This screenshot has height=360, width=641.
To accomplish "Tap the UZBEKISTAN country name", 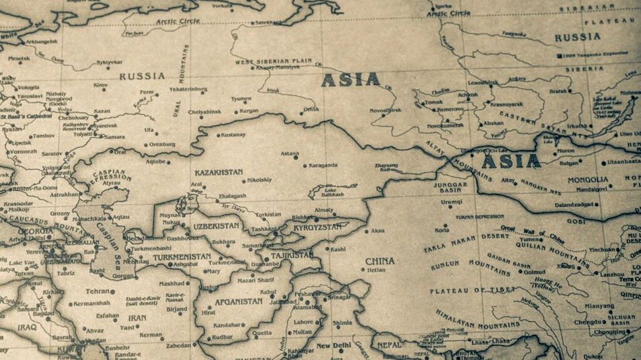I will tap(215, 226).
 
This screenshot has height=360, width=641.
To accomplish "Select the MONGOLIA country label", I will tap(587, 180).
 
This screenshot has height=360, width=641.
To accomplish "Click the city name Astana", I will tap(289, 153).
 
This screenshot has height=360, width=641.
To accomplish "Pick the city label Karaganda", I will tap(323, 165).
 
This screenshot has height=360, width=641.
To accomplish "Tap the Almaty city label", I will tap(324, 209).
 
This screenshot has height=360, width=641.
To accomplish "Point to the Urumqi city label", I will tap(451, 201).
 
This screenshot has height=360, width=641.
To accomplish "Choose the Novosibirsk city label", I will tap(385, 110).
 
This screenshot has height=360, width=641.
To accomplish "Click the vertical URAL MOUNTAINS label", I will tap(181, 81).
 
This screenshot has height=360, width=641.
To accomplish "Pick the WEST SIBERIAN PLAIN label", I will tap(274, 61).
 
